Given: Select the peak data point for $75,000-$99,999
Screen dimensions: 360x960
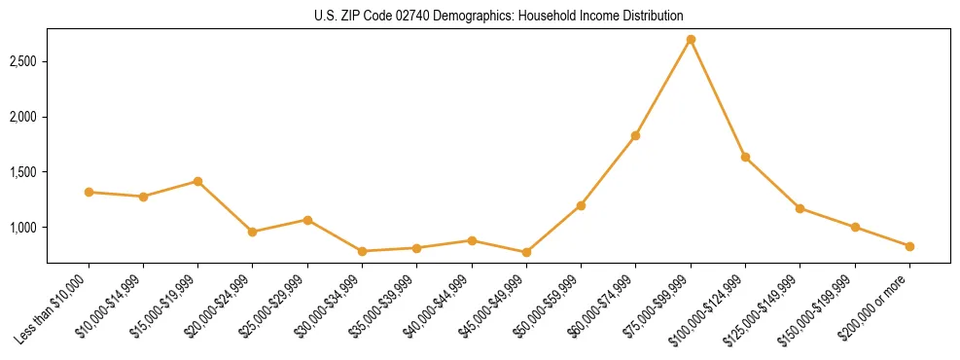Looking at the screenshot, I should pos(691,39).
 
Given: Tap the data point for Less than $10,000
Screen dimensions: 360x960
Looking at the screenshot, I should pos(89,192).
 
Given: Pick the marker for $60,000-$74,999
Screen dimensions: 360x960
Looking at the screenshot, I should pos(635,135).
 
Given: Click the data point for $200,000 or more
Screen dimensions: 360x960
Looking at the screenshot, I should pos(909,246).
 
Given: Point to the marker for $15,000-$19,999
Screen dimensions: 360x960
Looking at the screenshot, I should pos(197,181).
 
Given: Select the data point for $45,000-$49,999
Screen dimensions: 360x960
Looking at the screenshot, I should pos(526,252).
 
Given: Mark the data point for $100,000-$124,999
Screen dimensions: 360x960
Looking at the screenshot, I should pos(745,157).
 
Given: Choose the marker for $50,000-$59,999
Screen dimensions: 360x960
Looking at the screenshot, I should pos(581,205).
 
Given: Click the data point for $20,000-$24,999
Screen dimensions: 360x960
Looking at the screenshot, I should pos(252,232).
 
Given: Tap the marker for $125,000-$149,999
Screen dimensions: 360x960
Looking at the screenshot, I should pos(800,208).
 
